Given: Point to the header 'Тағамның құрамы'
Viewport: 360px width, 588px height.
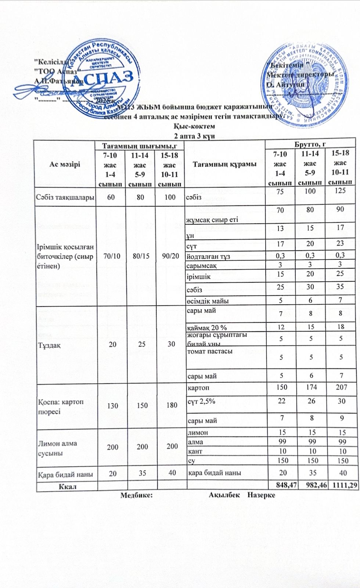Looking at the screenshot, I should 224,164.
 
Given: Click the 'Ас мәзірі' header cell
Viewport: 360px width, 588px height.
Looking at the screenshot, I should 65,164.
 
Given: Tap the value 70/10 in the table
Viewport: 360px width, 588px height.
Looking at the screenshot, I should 111,256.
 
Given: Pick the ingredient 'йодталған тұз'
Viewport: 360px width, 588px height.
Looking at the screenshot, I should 208,257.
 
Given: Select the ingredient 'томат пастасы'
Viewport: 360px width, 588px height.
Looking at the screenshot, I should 210,351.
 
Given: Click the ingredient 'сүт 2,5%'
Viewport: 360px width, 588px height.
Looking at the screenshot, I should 201,401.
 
